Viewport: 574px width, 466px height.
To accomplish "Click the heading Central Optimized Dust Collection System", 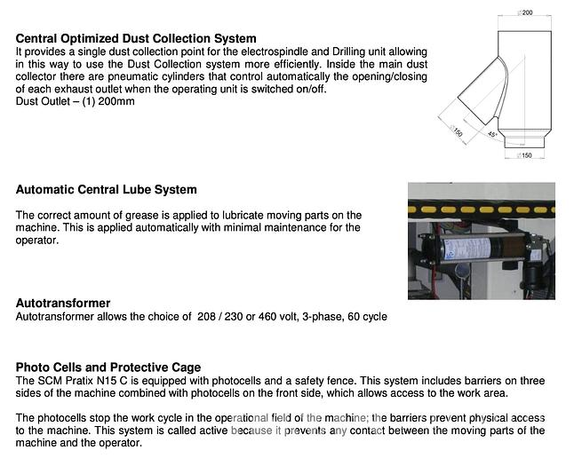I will pyautogui.click(x=136, y=39).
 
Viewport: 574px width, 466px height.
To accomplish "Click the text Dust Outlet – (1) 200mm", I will pyautogui.click(x=74, y=101).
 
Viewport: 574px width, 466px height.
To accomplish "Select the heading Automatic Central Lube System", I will pyautogui.click(x=107, y=189).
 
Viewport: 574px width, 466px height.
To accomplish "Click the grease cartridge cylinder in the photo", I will pyautogui.click(x=480, y=248).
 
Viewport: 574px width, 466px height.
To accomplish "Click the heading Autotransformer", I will pyautogui.click(x=63, y=303).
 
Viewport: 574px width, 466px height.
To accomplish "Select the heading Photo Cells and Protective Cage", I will pyautogui.click(x=108, y=367).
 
